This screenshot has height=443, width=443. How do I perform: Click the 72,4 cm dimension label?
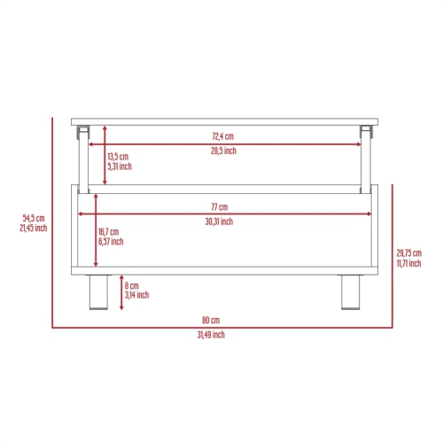click(x=223, y=136)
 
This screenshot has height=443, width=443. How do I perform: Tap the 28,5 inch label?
click(x=223, y=151)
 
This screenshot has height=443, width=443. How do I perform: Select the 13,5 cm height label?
click(x=118, y=157)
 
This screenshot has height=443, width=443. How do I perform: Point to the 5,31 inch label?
click(x=120, y=167)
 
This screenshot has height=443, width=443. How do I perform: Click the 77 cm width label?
click(x=220, y=207)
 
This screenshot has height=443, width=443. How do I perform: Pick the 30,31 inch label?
click(x=219, y=221)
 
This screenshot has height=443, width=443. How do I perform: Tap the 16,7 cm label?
click(x=109, y=232)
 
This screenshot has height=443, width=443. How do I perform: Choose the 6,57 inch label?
click(x=111, y=242)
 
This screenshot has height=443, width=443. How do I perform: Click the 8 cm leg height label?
click(x=131, y=285)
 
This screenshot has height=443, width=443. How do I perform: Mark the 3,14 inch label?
click(x=136, y=295)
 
